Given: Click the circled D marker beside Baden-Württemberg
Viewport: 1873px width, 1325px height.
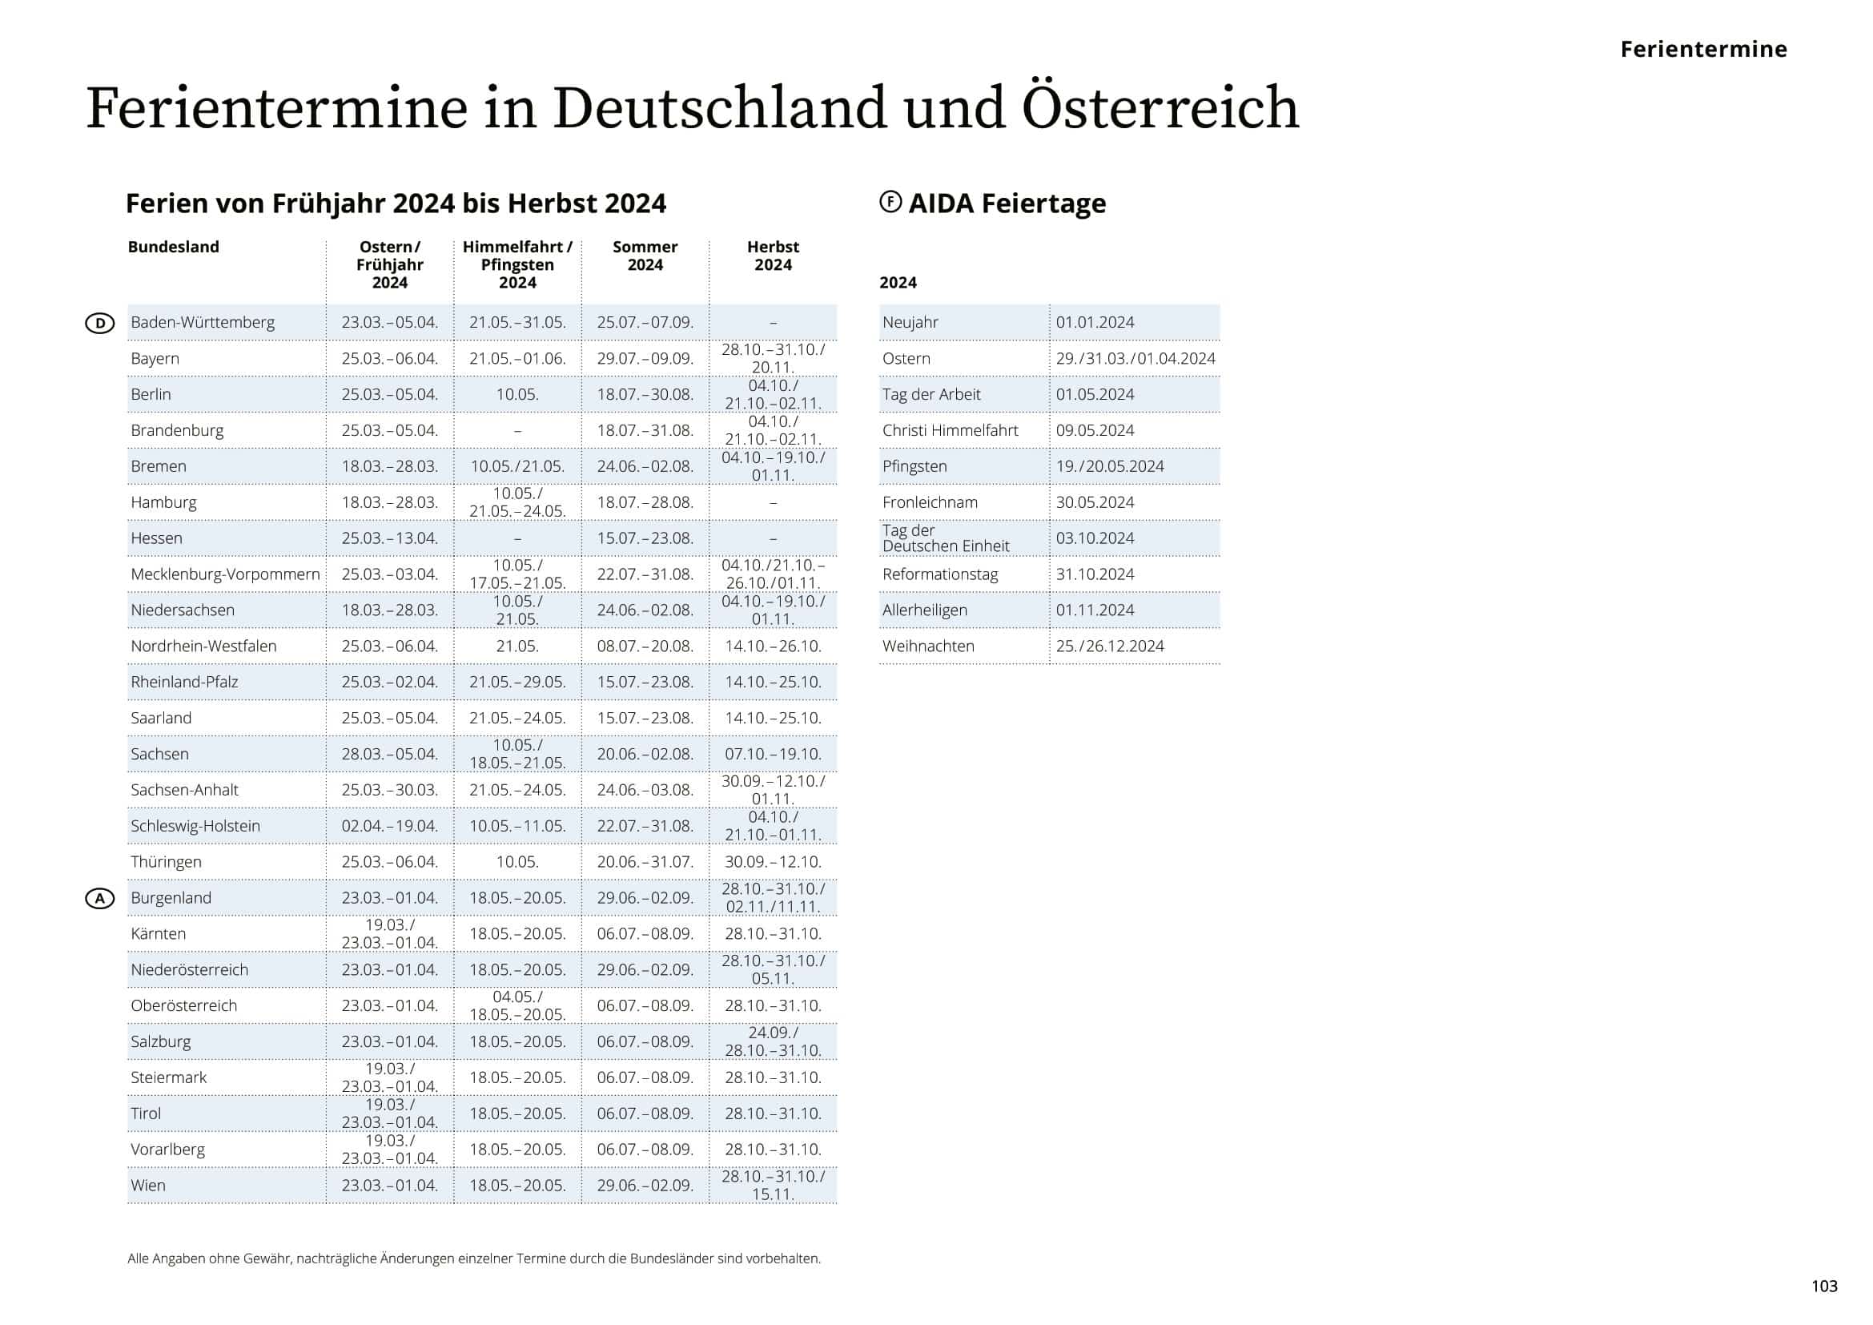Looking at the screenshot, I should click(x=99, y=323).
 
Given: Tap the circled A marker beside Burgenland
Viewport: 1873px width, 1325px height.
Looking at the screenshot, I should click(x=99, y=898).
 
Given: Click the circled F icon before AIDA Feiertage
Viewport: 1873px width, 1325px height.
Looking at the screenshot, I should click(x=890, y=202).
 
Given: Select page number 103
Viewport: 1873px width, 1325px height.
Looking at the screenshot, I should click(x=1824, y=1287).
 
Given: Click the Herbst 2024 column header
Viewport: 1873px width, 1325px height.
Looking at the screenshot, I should click(x=773, y=256).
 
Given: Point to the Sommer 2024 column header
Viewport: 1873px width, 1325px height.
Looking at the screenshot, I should click(x=645, y=256).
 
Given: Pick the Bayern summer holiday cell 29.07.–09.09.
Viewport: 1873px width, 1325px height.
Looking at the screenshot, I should click(x=645, y=358).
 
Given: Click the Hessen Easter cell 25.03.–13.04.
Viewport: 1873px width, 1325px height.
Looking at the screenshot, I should click(x=389, y=538).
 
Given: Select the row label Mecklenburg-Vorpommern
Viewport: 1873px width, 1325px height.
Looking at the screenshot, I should click(x=225, y=574).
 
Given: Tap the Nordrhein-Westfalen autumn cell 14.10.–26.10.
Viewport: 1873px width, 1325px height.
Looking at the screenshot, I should click(x=773, y=646).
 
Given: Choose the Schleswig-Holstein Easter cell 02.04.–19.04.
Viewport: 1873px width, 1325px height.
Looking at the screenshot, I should click(x=389, y=826).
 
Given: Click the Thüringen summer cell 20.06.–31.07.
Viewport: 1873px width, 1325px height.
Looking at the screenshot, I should click(x=645, y=862).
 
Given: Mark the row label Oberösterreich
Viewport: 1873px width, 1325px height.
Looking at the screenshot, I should click(x=183, y=1006).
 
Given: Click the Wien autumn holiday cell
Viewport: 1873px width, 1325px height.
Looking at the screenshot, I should click(x=773, y=1186).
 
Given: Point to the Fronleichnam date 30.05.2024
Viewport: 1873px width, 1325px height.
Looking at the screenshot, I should click(x=1095, y=502).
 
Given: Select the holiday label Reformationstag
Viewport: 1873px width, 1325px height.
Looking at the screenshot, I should click(x=940, y=574).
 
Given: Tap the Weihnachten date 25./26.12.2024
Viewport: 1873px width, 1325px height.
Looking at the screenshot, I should click(x=1109, y=646).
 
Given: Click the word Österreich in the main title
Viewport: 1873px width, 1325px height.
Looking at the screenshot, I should click(x=1160, y=107).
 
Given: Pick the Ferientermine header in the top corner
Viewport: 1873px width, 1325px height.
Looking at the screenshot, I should click(x=1703, y=49).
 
